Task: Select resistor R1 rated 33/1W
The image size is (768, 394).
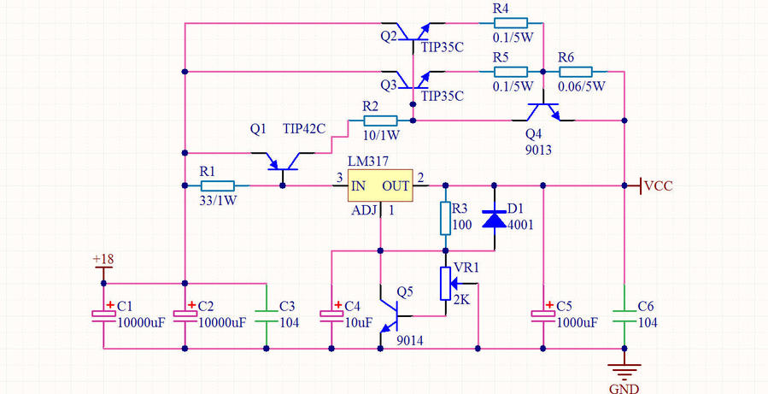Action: (x=217, y=185)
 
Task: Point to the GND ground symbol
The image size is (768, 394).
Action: (x=625, y=369)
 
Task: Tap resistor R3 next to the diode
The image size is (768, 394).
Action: (x=444, y=218)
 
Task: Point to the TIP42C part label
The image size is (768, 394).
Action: (x=304, y=129)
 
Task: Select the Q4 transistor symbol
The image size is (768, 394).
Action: (x=542, y=112)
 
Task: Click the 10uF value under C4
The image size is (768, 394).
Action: (x=359, y=322)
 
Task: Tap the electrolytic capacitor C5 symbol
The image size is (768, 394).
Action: (x=542, y=314)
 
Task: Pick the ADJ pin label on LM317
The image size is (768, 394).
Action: (x=361, y=210)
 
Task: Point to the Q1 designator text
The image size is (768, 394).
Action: (x=258, y=129)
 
